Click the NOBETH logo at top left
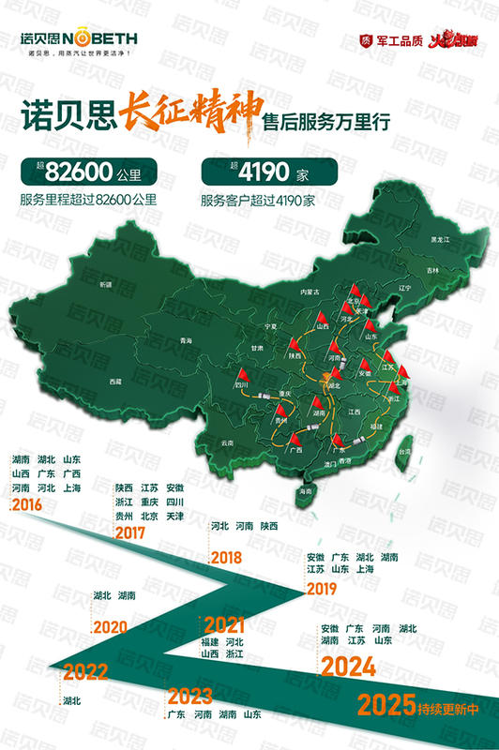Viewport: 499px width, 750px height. click(79, 39)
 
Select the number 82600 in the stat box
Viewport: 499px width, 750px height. click(72, 174)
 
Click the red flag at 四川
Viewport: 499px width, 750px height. click(242, 375)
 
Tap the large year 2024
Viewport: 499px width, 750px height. click(348, 667)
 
